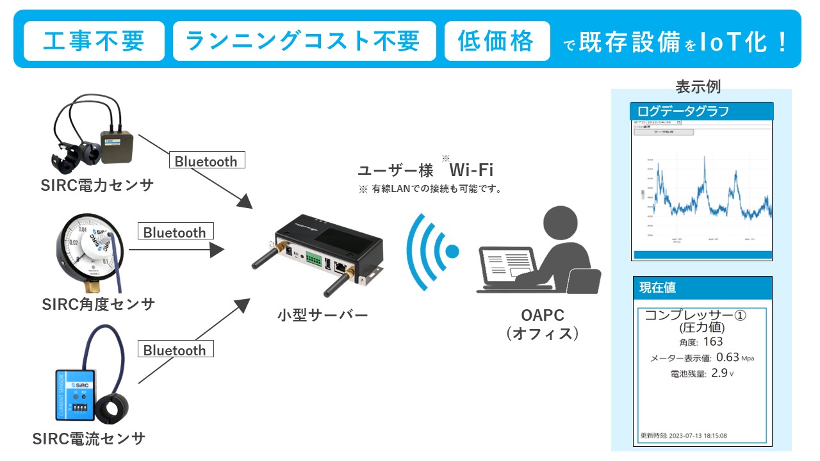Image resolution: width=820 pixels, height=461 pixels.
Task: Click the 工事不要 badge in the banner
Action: [x=94, y=42]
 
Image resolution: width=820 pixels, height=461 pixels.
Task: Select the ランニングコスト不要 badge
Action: [x=304, y=42]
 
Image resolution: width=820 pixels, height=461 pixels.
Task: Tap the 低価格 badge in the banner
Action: [x=497, y=42]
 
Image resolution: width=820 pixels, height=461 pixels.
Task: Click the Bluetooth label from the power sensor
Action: [x=206, y=161]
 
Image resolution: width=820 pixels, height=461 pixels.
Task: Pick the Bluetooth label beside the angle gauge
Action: [x=174, y=232]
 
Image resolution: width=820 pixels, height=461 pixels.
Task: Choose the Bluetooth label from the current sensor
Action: [x=174, y=350]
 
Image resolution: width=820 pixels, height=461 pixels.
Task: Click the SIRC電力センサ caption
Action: [x=98, y=186]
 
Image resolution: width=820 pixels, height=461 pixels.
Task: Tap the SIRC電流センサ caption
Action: [x=89, y=439]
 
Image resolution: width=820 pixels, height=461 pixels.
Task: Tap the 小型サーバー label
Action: [x=323, y=315]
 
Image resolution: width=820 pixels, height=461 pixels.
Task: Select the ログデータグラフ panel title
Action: [x=684, y=111]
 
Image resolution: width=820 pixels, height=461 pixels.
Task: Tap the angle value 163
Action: [x=713, y=341]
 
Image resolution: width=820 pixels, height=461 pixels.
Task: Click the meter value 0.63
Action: [x=727, y=357]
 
